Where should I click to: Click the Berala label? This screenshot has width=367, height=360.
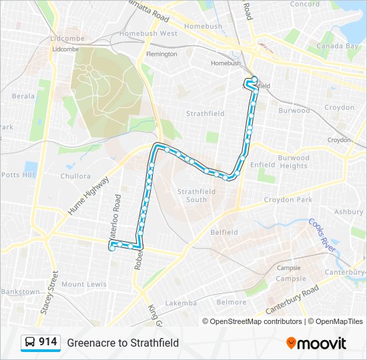pyautogui.click(x=23, y=96)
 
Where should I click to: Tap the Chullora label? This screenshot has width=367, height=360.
pyautogui.click(x=75, y=177)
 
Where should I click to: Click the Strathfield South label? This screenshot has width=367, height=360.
pyautogui.click(x=196, y=195)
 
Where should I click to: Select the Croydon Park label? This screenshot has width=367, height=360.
pyautogui.click(x=288, y=199)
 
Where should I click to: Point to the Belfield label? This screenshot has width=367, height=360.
pyautogui.click(x=224, y=232)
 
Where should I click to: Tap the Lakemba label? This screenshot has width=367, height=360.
pyautogui.click(x=181, y=303)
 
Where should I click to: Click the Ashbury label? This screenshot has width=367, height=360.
pyautogui.click(x=348, y=211)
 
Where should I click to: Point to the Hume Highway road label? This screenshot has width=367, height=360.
pyautogui.click(x=87, y=196)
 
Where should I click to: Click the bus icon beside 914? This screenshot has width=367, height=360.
pyautogui.click(x=30, y=343)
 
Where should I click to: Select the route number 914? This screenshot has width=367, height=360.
pyautogui.click(x=47, y=342)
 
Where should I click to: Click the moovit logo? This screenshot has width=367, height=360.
pyautogui.click(x=317, y=343)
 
